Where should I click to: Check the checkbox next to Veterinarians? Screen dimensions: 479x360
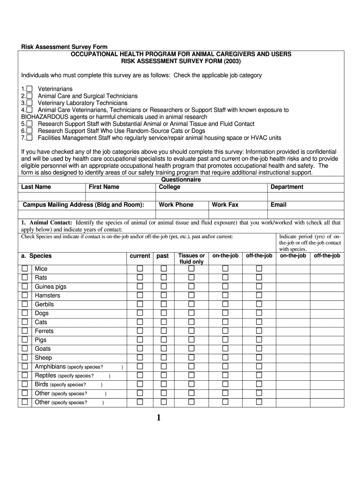29,89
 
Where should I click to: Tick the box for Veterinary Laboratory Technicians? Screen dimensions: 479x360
29,103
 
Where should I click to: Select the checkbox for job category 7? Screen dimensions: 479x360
29,138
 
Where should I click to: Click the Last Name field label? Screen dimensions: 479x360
36,187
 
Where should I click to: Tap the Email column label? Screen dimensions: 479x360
278,205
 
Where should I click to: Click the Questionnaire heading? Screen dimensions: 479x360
181,180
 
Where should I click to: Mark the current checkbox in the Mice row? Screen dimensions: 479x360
139,269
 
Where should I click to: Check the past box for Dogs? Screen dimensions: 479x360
164,313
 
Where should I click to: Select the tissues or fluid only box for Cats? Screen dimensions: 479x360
191,322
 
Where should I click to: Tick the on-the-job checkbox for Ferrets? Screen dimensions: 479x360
225,331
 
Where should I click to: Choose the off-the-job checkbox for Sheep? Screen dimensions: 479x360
259,358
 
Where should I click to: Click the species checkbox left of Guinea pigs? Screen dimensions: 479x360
25,287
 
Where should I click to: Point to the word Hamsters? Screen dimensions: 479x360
47,296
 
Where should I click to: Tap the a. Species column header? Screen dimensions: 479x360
36,256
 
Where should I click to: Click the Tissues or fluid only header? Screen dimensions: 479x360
191,259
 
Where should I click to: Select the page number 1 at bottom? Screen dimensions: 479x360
158,418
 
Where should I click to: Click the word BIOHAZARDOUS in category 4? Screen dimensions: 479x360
44,117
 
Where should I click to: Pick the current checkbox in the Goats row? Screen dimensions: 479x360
139,349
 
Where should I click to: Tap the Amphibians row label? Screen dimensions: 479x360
50,367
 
